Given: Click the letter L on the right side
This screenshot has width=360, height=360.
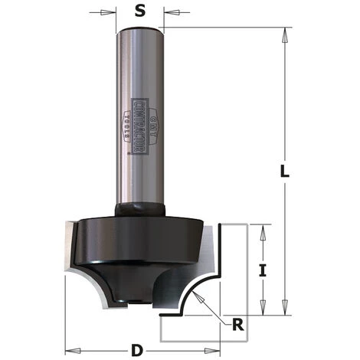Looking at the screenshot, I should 283,172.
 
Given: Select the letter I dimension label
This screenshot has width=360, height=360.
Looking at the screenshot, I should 262,269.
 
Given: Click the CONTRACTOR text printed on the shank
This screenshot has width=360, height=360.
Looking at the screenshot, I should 139,126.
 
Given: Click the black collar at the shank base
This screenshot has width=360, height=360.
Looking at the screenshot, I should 140,209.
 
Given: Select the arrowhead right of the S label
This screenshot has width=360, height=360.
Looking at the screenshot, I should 168,11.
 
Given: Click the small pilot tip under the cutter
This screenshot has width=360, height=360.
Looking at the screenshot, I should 136,303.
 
